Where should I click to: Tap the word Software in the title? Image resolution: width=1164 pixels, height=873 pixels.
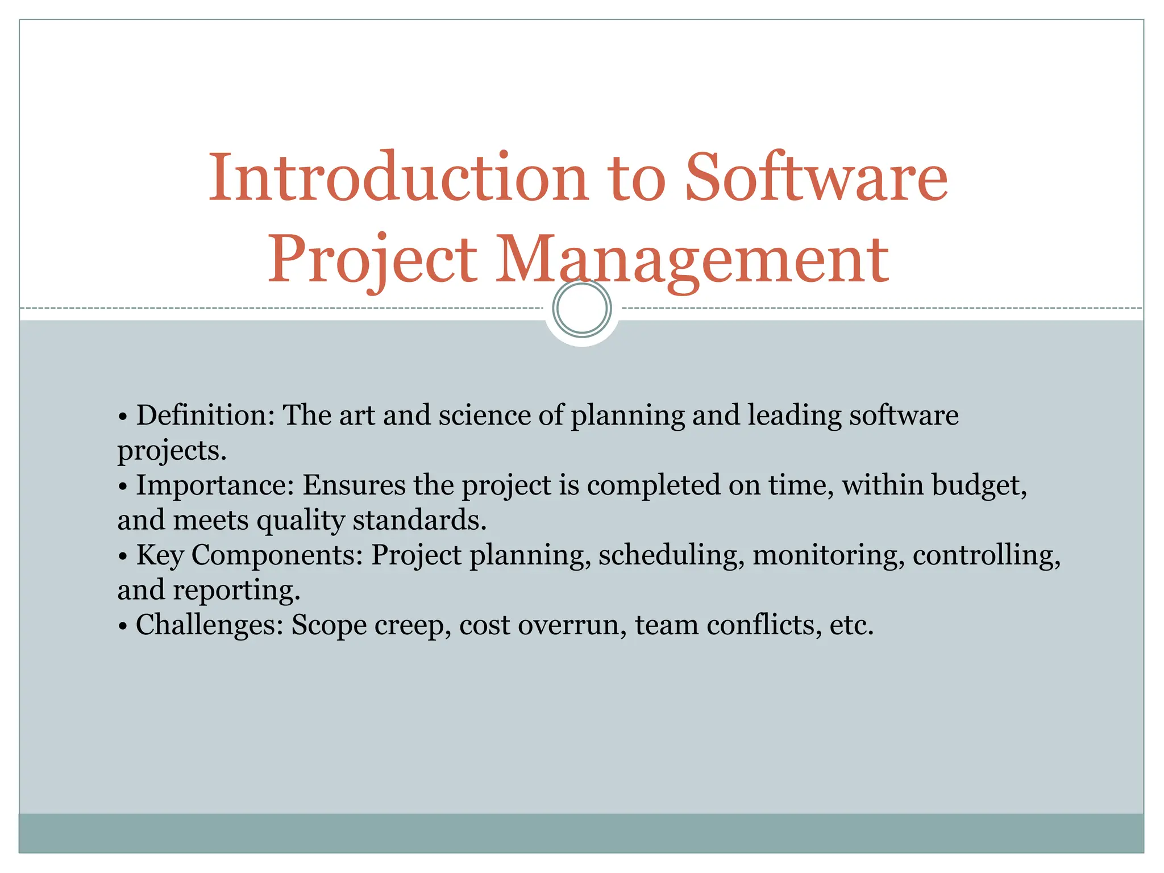point(817,177)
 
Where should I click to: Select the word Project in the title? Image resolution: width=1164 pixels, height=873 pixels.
point(372,260)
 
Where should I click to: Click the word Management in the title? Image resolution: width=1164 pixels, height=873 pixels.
point(692,260)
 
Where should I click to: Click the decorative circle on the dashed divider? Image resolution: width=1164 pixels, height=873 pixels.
point(581,308)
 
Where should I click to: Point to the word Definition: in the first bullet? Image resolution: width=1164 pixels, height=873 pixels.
point(205,415)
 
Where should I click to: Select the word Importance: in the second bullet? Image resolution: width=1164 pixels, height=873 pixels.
point(214,485)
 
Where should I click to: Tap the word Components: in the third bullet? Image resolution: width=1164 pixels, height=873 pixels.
point(277,555)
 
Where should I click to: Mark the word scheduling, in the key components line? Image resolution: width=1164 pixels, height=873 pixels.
point(671,555)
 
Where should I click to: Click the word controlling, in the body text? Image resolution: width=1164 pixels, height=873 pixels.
point(987,555)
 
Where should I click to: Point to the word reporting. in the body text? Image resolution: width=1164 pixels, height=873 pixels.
point(236,591)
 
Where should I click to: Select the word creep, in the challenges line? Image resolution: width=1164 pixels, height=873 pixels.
point(413,625)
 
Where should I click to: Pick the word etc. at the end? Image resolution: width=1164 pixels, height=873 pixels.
point(851,625)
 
